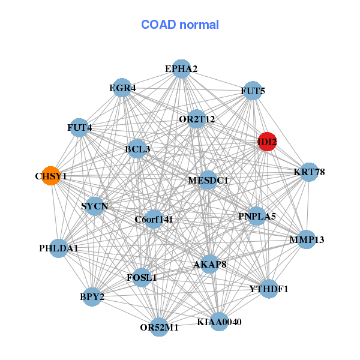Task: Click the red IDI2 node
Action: click(x=267, y=142)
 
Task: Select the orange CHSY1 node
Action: click(x=51, y=176)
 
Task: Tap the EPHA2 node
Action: click(x=181, y=69)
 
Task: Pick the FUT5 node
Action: click(x=253, y=91)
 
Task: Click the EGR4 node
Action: click(x=122, y=88)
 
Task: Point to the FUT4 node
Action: click(x=79, y=128)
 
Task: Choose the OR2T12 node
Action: click(x=197, y=119)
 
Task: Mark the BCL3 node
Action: click(x=137, y=149)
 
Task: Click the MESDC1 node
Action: click(x=208, y=180)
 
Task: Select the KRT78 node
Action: click(x=309, y=172)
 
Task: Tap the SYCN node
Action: click(x=95, y=206)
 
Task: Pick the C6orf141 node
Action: click(x=154, y=219)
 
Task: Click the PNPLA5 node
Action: click(x=257, y=216)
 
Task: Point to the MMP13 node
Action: click(x=307, y=239)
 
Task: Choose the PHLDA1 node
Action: click(x=59, y=248)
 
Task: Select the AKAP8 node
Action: click(x=209, y=264)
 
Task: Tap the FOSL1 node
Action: click(x=142, y=278)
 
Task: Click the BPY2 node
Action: click(x=92, y=297)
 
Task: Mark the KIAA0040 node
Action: click(x=219, y=322)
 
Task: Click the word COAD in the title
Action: click(x=158, y=25)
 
